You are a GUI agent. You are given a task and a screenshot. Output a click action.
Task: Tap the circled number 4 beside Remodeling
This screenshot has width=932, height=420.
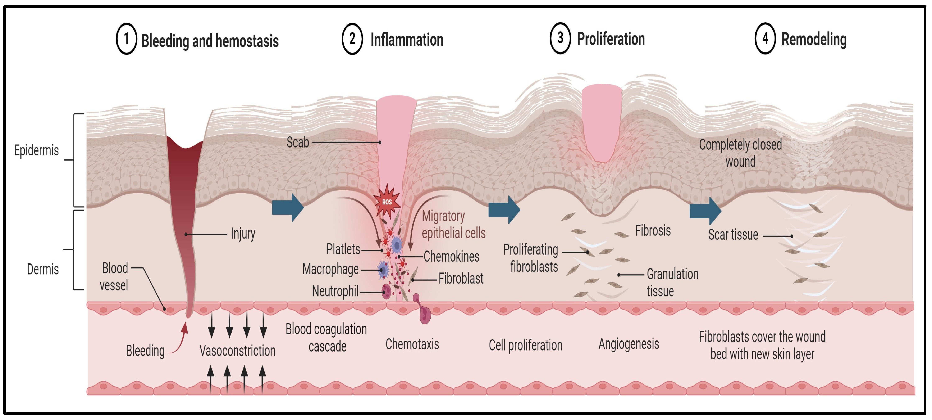coord(765,38)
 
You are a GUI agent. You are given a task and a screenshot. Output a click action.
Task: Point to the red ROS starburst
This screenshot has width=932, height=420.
coord(387,202)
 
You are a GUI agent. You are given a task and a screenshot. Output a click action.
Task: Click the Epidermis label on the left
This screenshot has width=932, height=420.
coord(36,150)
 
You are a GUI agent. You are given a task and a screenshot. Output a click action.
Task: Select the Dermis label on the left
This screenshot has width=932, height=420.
coord(43,269)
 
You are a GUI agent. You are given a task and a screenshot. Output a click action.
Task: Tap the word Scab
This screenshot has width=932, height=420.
coord(298,142)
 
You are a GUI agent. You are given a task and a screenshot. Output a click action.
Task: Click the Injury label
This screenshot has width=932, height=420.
coord(243,234)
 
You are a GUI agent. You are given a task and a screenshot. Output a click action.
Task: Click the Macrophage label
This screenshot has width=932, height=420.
coord(330,269)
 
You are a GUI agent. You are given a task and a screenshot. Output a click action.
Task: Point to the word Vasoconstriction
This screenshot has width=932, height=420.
coord(237,351)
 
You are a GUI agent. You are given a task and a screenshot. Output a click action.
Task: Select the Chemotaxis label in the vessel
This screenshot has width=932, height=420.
coord(412,344)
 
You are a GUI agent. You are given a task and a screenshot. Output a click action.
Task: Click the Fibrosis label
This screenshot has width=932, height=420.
coord(653,230)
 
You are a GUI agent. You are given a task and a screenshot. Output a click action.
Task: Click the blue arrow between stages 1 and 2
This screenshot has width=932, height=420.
coord(288,208)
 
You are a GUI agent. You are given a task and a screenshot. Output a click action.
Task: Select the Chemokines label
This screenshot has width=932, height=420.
coord(451,256)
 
